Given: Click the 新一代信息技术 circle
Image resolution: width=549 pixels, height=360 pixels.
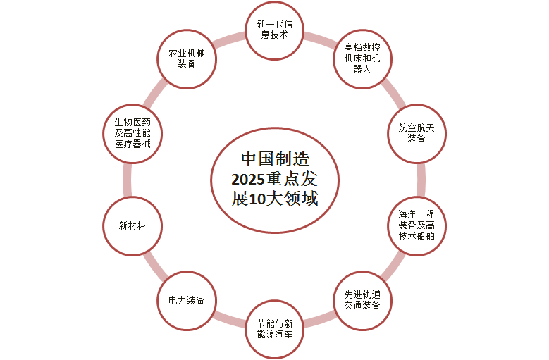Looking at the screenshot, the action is (275, 30).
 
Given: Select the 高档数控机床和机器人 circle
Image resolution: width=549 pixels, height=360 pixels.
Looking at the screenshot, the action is (362, 58).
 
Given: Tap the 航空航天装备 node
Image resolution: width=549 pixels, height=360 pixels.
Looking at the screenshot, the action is (417, 133).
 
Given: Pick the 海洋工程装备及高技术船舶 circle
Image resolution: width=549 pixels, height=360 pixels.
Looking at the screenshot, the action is (417, 225).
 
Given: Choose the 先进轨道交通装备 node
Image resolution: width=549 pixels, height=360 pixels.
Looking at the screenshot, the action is (362, 301).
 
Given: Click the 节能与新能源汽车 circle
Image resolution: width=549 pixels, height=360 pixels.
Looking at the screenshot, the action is (275, 329).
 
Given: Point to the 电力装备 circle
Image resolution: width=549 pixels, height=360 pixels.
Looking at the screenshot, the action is (187, 301).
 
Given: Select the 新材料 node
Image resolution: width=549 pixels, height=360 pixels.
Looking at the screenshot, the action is (132, 225).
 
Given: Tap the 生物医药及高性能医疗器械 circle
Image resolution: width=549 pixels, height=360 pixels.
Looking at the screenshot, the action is (132, 133).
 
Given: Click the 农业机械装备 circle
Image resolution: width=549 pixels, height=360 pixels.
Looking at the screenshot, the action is (187, 58).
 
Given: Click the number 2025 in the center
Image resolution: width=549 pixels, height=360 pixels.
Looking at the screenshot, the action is (247, 180).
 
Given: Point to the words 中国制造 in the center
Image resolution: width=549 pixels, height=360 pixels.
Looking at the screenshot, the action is (275, 159).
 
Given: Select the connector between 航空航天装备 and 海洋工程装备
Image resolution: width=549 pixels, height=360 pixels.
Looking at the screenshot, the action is (421, 180).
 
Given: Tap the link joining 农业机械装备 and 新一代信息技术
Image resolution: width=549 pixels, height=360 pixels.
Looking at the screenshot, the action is (228, 39).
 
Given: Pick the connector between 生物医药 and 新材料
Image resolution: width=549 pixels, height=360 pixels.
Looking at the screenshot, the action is (128, 180).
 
